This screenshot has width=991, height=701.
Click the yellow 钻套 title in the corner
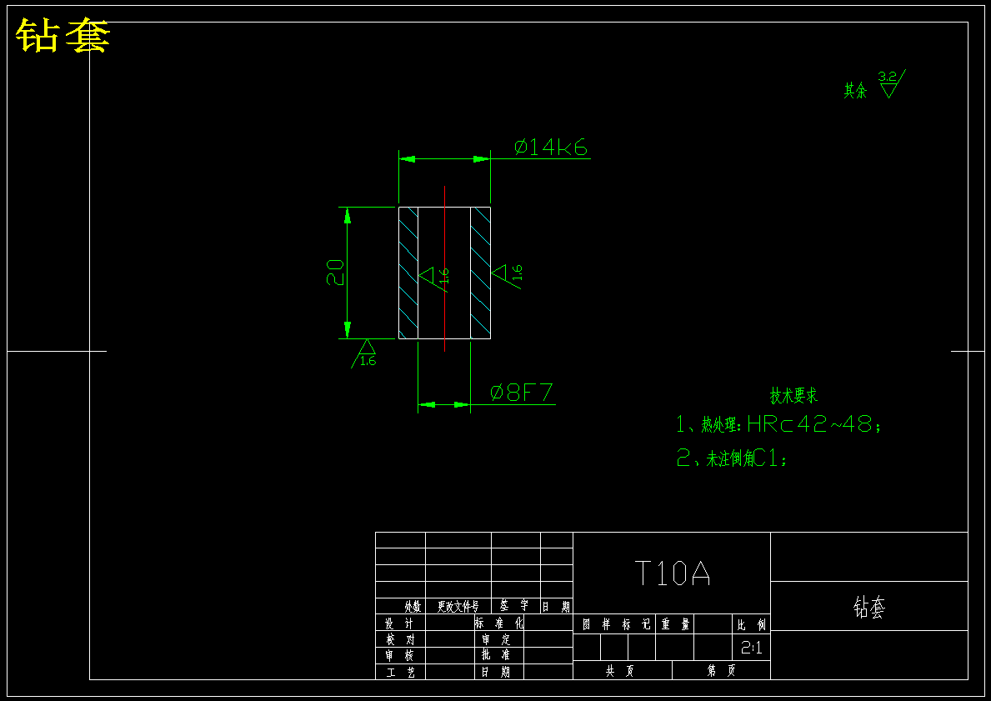[x=63, y=36]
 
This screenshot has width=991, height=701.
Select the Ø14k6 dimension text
[x=551, y=148]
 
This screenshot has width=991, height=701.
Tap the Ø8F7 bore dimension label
[x=522, y=393]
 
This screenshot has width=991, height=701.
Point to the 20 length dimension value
[x=334, y=273]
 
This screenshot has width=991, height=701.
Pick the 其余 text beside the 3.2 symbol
[x=855, y=91]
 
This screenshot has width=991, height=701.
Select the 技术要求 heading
[x=793, y=396]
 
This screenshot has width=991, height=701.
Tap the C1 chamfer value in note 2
[x=768, y=458]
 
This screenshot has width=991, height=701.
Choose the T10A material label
[x=672, y=573]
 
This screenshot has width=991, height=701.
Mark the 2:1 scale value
[x=751, y=648]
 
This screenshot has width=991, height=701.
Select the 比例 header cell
[x=751, y=623]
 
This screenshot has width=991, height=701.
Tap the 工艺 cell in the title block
[x=400, y=672]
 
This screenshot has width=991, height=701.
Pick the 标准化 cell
[x=499, y=623]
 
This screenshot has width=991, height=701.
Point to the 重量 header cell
[x=675, y=623]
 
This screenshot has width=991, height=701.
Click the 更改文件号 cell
[x=458, y=607]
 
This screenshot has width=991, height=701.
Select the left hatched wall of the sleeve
[x=408, y=273]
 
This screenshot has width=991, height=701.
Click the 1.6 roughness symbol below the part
[x=366, y=353]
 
